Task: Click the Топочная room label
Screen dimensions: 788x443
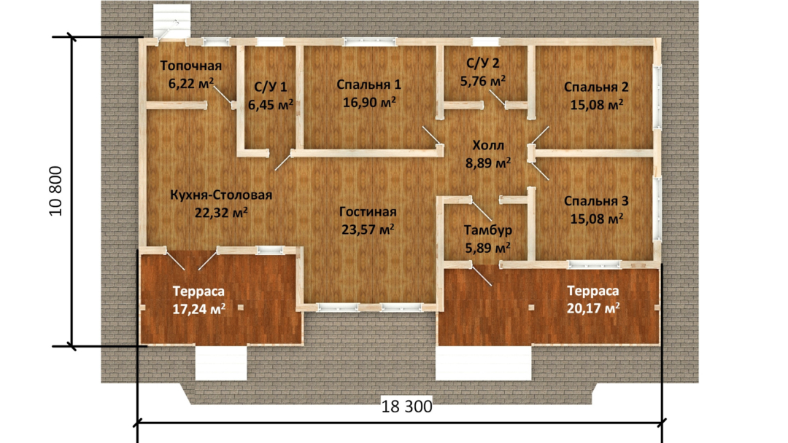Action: tap(191, 66)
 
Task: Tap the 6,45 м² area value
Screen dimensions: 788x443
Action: tap(271, 105)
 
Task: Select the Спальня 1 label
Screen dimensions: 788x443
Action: tap(369, 85)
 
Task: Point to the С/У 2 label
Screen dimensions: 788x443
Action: tap(483, 63)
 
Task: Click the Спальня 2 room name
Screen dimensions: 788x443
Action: tap(596, 87)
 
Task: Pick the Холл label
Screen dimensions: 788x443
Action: tap(488, 146)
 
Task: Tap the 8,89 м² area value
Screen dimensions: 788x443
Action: tap(488, 163)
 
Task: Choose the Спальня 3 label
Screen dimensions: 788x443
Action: tap(596, 201)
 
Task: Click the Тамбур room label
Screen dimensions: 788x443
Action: tap(488, 230)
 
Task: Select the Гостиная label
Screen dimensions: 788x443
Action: tap(368, 212)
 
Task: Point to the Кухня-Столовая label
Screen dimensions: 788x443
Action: tap(221, 195)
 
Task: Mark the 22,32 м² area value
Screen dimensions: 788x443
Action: tap(221, 213)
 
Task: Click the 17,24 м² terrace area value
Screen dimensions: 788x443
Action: tap(198, 309)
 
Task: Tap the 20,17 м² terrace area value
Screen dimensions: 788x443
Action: tap(593, 308)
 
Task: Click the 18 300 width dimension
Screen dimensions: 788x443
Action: tap(406, 407)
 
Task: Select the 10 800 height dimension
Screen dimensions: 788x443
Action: tap(55, 191)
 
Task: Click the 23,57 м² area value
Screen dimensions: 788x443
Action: tap(368, 230)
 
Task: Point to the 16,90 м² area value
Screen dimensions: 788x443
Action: tap(369, 102)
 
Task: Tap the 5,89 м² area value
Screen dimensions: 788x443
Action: tap(488, 248)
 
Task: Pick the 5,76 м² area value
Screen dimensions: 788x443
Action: tap(483, 81)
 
